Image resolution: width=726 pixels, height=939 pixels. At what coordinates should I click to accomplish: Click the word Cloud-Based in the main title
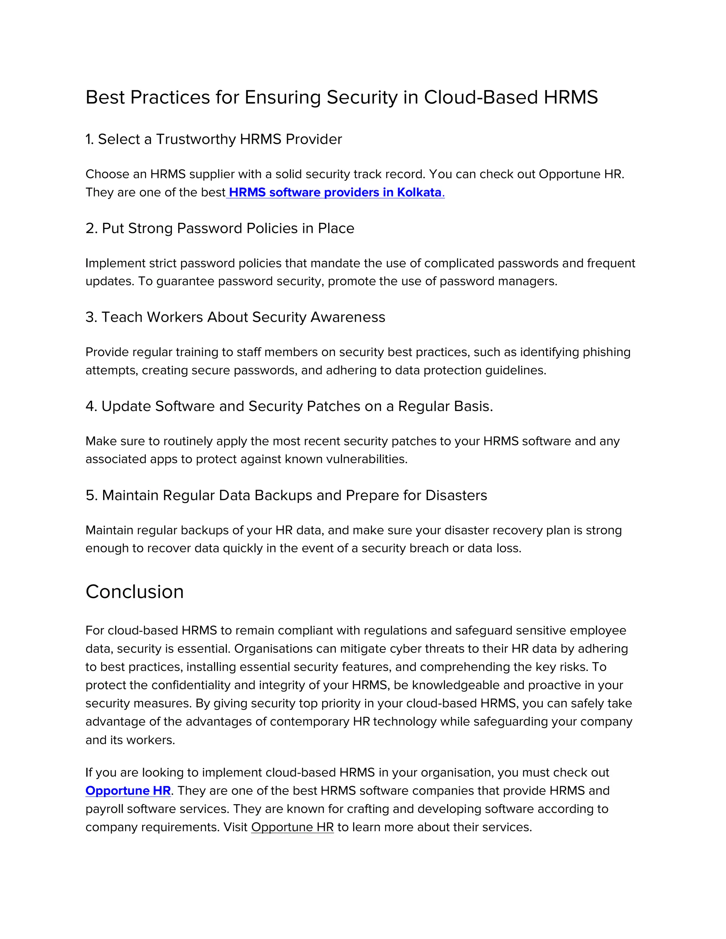pos(480,97)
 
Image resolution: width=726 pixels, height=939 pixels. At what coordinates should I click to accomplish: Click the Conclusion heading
pos(135,592)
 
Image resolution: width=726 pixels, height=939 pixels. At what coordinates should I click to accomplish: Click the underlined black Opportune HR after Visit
pos(292,827)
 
